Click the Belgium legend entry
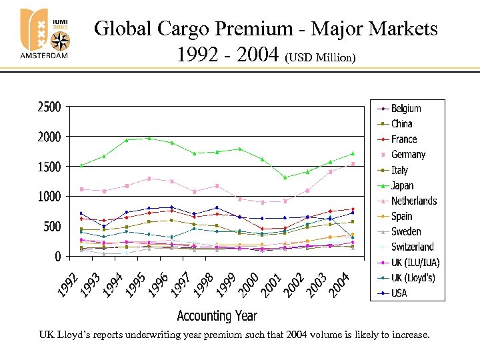tap(406, 108)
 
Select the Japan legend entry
tap(402, 185)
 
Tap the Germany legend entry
tap(408, 155)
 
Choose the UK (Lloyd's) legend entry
tap(413, 277)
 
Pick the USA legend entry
tap(399, 293)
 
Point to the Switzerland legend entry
tap(412, 247)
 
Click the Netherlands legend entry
tap(414, 201)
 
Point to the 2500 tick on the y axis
tap(49, 107)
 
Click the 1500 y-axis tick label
tap(49, 167)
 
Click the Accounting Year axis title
tap(217, 315)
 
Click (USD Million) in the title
tap(321, 58)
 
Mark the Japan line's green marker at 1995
tap(149, 138)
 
